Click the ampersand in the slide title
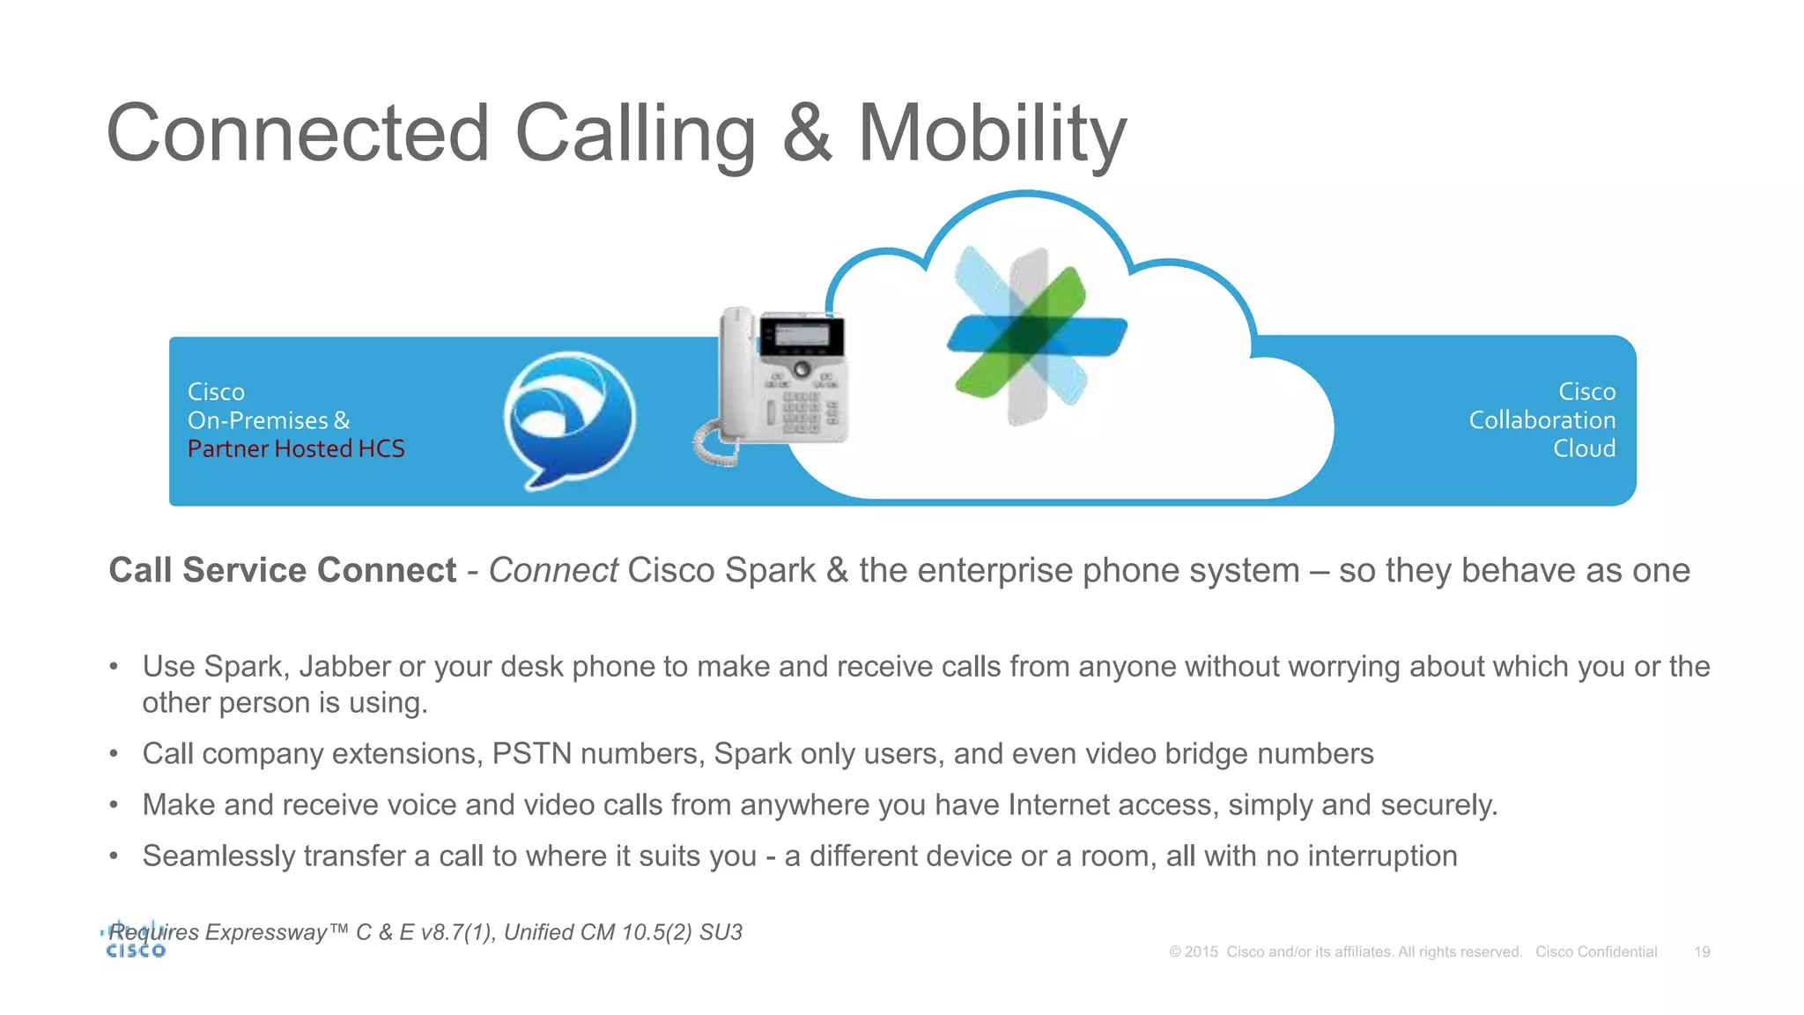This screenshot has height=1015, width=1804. point(807,134)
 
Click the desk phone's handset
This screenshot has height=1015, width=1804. point(736,374)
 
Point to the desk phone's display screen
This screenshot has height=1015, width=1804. point(801,335)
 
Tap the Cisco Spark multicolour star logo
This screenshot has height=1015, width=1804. point(1036,335)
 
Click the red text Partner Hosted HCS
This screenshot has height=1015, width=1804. point(296,449)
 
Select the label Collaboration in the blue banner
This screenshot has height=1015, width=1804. point(1542,420)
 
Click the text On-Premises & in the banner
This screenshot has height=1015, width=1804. point(269,420)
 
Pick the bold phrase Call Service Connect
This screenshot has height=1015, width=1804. point(282,571)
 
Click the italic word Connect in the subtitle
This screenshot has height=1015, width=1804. point(553,571)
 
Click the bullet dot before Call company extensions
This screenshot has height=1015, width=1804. point(114,754)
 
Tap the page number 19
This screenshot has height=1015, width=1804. point(1702,952)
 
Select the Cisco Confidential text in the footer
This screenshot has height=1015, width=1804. point(1596,952)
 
